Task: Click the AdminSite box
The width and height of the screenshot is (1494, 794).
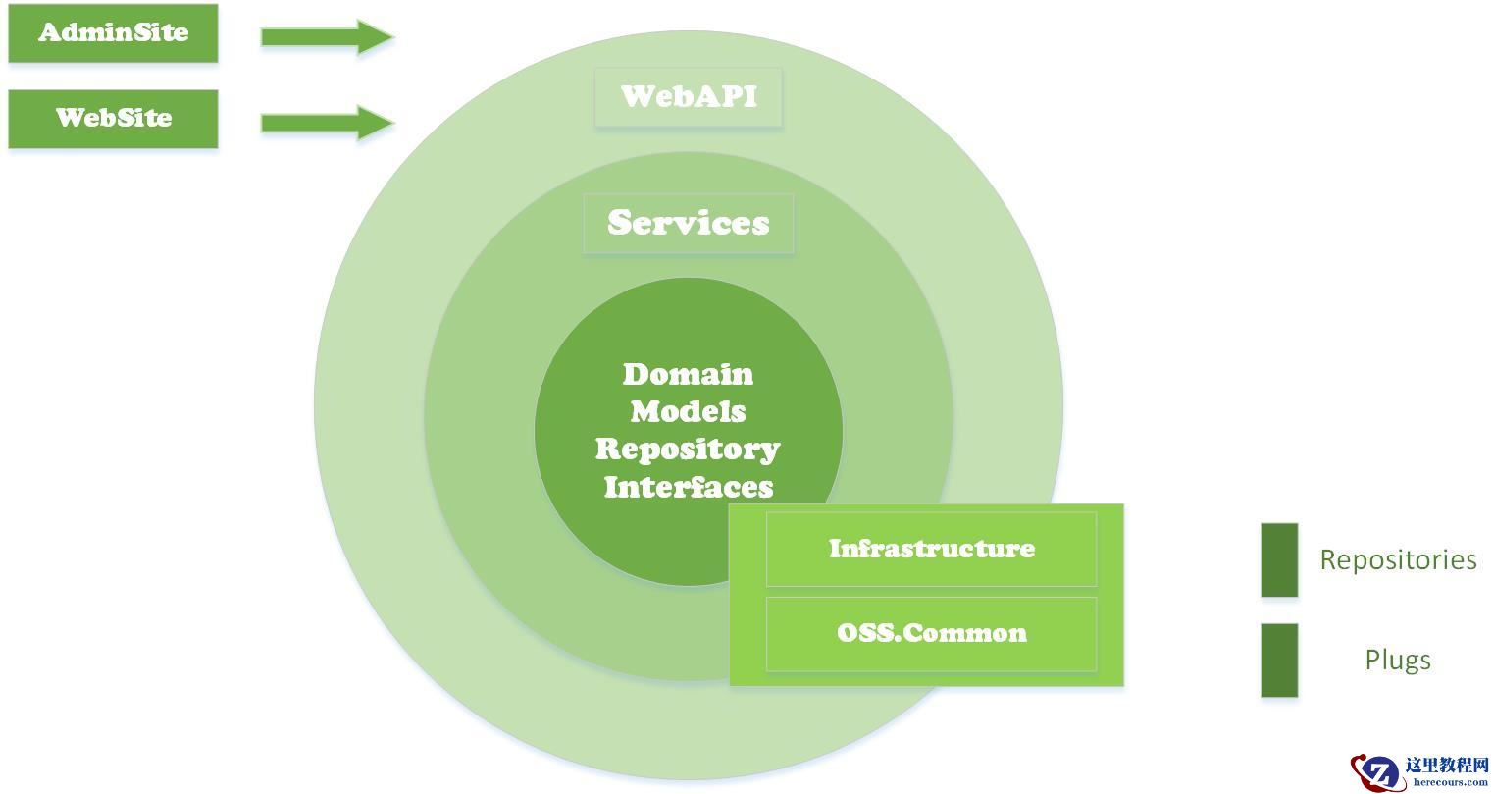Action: pos(113,33)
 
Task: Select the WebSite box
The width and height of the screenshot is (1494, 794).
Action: pos(113,119)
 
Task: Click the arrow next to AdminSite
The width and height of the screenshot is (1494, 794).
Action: pos(327,37)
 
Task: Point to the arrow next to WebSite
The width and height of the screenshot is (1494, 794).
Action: pos(327,123)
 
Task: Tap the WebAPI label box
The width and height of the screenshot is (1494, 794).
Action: pos(688,96)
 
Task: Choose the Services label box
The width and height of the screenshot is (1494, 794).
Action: pos(688,223)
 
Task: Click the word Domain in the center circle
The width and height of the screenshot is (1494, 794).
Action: pos(688,374)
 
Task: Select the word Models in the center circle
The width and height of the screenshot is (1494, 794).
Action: pos(688,411)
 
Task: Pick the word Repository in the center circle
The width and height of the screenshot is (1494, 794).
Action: pos(688,449)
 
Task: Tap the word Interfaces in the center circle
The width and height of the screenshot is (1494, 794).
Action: pos(688,486)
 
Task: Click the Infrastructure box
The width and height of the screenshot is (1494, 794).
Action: pos(931,549)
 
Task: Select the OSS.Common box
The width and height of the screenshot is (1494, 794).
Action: pos(931,633)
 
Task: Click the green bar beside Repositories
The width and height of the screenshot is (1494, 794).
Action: pos(1279,559)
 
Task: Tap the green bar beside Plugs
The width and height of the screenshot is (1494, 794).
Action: pos(1279,660)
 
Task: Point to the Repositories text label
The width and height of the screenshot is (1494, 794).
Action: pos(1398,559)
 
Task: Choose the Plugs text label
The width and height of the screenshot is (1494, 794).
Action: pos(1398,660)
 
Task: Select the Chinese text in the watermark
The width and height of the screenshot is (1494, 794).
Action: pos(1447,766)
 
